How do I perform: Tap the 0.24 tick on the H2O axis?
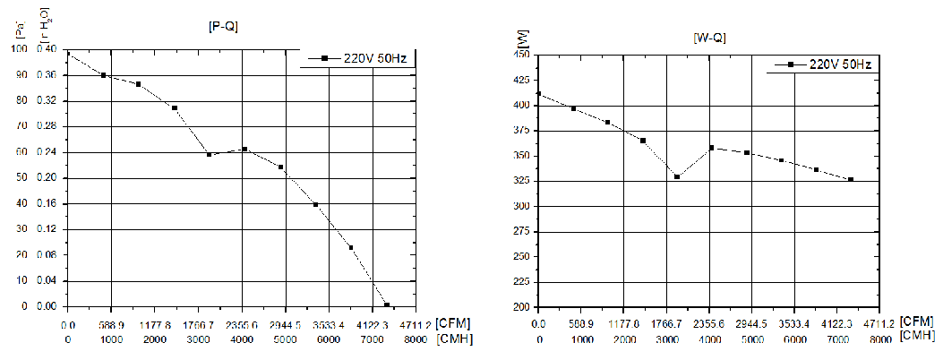coord(47,152)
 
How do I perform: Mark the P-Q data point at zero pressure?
coord(387,304)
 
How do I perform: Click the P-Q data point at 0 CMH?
coord(68,54)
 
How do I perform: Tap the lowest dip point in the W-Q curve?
coord(677,176)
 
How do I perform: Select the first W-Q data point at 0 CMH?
coord(538,93)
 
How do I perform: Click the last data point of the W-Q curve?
coord(851,179)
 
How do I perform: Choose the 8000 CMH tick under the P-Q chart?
coord(416,339)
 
